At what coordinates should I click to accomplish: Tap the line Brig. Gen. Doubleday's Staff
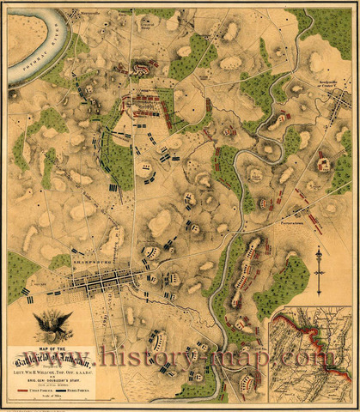[52, 378]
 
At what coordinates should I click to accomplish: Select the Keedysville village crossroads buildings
[323, 90]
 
